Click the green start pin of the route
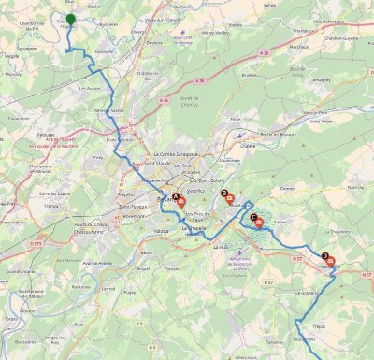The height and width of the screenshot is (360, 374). tap(70, 19)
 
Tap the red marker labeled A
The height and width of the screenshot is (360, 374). tap(181, 200)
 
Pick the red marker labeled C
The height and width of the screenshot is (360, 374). tap(259, 223)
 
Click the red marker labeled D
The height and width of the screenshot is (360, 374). tap(330, 262)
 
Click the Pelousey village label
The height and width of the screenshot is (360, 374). tap(45, 136)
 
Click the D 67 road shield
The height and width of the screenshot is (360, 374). tap(270, 281)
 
